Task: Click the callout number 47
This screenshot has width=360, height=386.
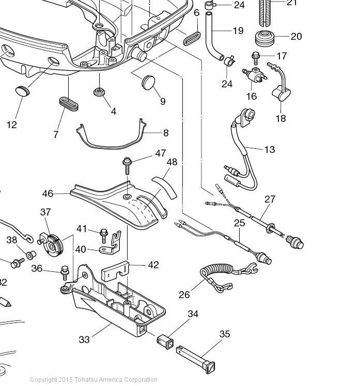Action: pos(161,153)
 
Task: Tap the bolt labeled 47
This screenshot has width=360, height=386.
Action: pos(127,166)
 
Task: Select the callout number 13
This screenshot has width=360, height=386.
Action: pos(270,149)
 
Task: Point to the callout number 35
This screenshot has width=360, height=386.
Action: pos(225,334)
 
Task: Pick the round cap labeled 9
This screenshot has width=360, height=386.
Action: pos(149,82)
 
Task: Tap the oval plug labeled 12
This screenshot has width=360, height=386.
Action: pos(22,91)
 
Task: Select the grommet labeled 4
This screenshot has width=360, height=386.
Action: pos(100,92)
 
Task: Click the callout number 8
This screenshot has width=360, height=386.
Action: pos(166,133)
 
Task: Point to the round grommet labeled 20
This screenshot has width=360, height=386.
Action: pos(265,38)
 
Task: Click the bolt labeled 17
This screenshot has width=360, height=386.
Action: pos(256,58)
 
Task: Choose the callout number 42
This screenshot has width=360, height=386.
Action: pos(153,265)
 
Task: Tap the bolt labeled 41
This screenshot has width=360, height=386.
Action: pos(104,236)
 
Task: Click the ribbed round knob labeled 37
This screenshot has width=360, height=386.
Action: pos(54,245)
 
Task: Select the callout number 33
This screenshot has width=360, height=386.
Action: pos(84,339)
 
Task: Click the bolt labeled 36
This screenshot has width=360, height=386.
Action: pos(65,272)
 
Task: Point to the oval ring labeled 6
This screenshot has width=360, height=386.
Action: pos(192,38)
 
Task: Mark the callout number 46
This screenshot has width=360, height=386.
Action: pos(48,193)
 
